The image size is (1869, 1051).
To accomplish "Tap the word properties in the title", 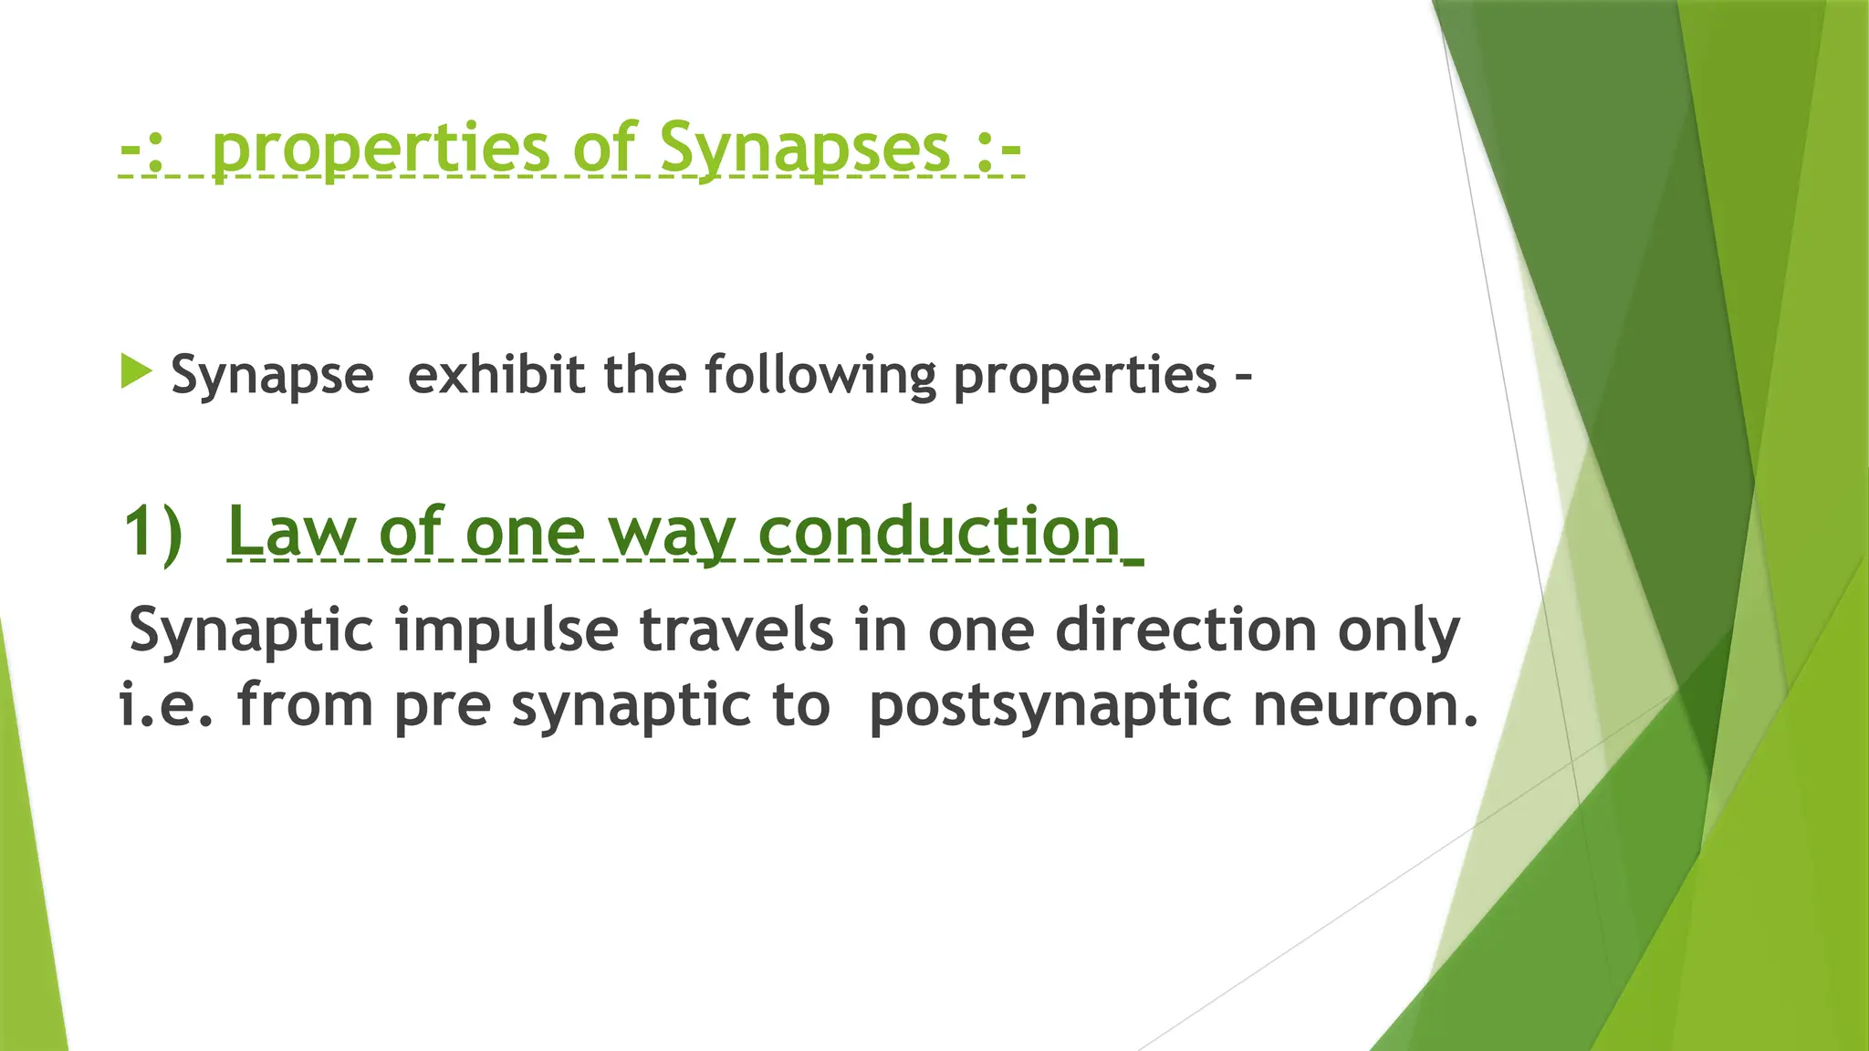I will tap(381, 148).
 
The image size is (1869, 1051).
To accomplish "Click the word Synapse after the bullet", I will tap(272, 375).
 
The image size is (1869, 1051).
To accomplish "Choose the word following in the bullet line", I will tap(820, 375).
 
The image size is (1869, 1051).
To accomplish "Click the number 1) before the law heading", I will tap(153, 530).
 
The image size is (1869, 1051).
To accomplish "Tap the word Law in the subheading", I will tap(291, 530).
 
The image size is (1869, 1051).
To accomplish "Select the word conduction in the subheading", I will tap(939, 530).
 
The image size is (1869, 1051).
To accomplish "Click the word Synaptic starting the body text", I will tap(252, 630).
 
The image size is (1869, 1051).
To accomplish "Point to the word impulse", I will tap(506, 630).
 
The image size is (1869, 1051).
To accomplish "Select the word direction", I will tap(1185, 629).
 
